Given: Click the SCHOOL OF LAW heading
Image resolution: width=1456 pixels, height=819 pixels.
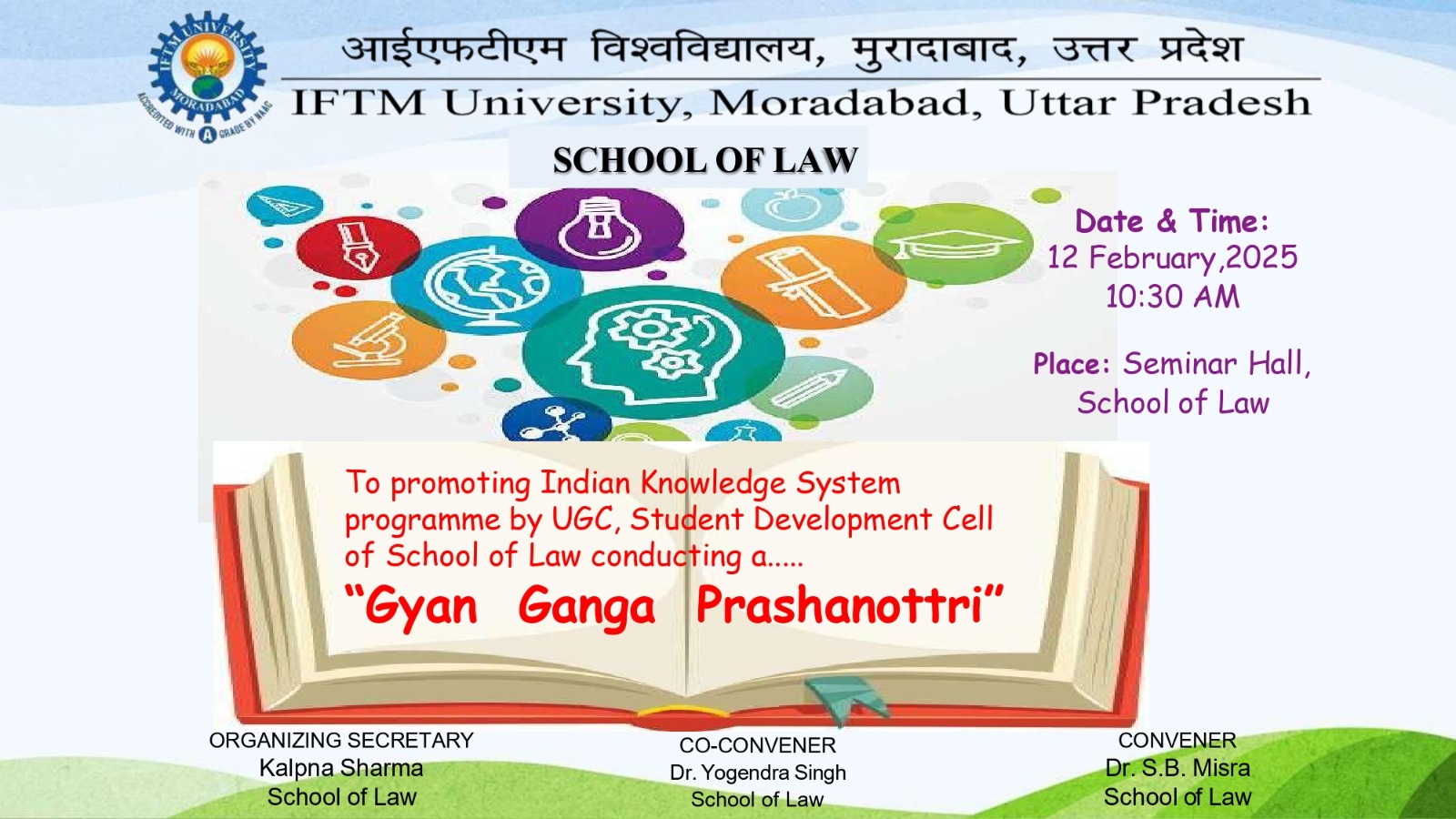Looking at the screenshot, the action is click(705, 160).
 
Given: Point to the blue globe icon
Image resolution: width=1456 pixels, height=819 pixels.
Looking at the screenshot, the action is click(486, 286).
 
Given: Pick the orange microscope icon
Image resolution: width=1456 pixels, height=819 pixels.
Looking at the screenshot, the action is click(369, 340).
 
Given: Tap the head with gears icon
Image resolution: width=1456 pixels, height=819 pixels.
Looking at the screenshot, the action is click(653, 352).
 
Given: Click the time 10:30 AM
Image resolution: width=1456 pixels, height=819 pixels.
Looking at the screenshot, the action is click(1173, 297).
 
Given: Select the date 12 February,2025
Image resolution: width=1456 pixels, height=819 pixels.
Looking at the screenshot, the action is click(1173, 258).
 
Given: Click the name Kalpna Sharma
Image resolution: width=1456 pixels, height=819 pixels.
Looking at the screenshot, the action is click(341, 768).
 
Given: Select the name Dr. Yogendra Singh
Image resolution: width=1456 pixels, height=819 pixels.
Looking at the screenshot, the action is click(758, 773).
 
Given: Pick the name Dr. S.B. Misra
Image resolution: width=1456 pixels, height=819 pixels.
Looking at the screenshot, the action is click(1178, 768).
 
